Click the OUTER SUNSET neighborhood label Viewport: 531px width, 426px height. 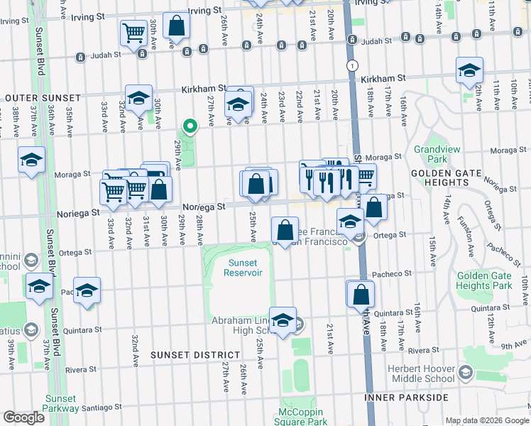[x=35, y=97]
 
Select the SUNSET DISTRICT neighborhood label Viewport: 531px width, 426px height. [x=195, y=354]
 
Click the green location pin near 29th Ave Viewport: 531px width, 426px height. [x=190, y=127]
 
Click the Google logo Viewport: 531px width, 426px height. [x=23, y=417]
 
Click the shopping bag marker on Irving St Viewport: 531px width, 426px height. [x=176, y=26]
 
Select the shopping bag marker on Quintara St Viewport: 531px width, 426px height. [x=361, y=293]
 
